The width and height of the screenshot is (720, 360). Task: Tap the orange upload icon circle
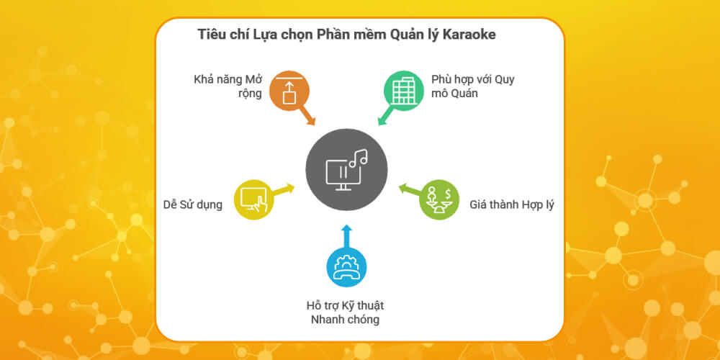[x=289, y=91]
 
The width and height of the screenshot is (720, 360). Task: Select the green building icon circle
[x=402, y=91]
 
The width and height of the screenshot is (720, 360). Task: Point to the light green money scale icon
[x=439, y=199]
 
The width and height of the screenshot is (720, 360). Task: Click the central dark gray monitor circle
[x=346, y=170]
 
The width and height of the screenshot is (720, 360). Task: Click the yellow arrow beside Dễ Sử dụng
[x=284, y=189]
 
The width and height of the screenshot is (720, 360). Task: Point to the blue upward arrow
[x=346, y=234]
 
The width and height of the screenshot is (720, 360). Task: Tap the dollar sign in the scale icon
[x=448, y=193]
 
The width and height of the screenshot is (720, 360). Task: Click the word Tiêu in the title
[x=212, y=35]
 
